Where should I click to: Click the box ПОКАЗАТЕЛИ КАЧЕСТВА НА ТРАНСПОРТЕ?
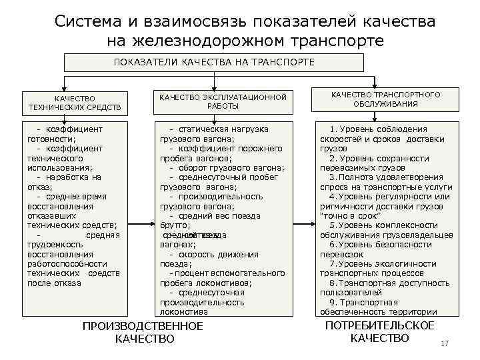coord(213,62)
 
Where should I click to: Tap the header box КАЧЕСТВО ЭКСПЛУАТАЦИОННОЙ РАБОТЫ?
coord(223,101)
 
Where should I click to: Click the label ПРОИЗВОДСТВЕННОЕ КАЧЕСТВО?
coord(142,332)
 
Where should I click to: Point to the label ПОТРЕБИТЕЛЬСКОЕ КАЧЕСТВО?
coord(379,331)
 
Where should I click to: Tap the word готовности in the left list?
coord(51,139)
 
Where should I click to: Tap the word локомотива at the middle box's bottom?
coord(183,311)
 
